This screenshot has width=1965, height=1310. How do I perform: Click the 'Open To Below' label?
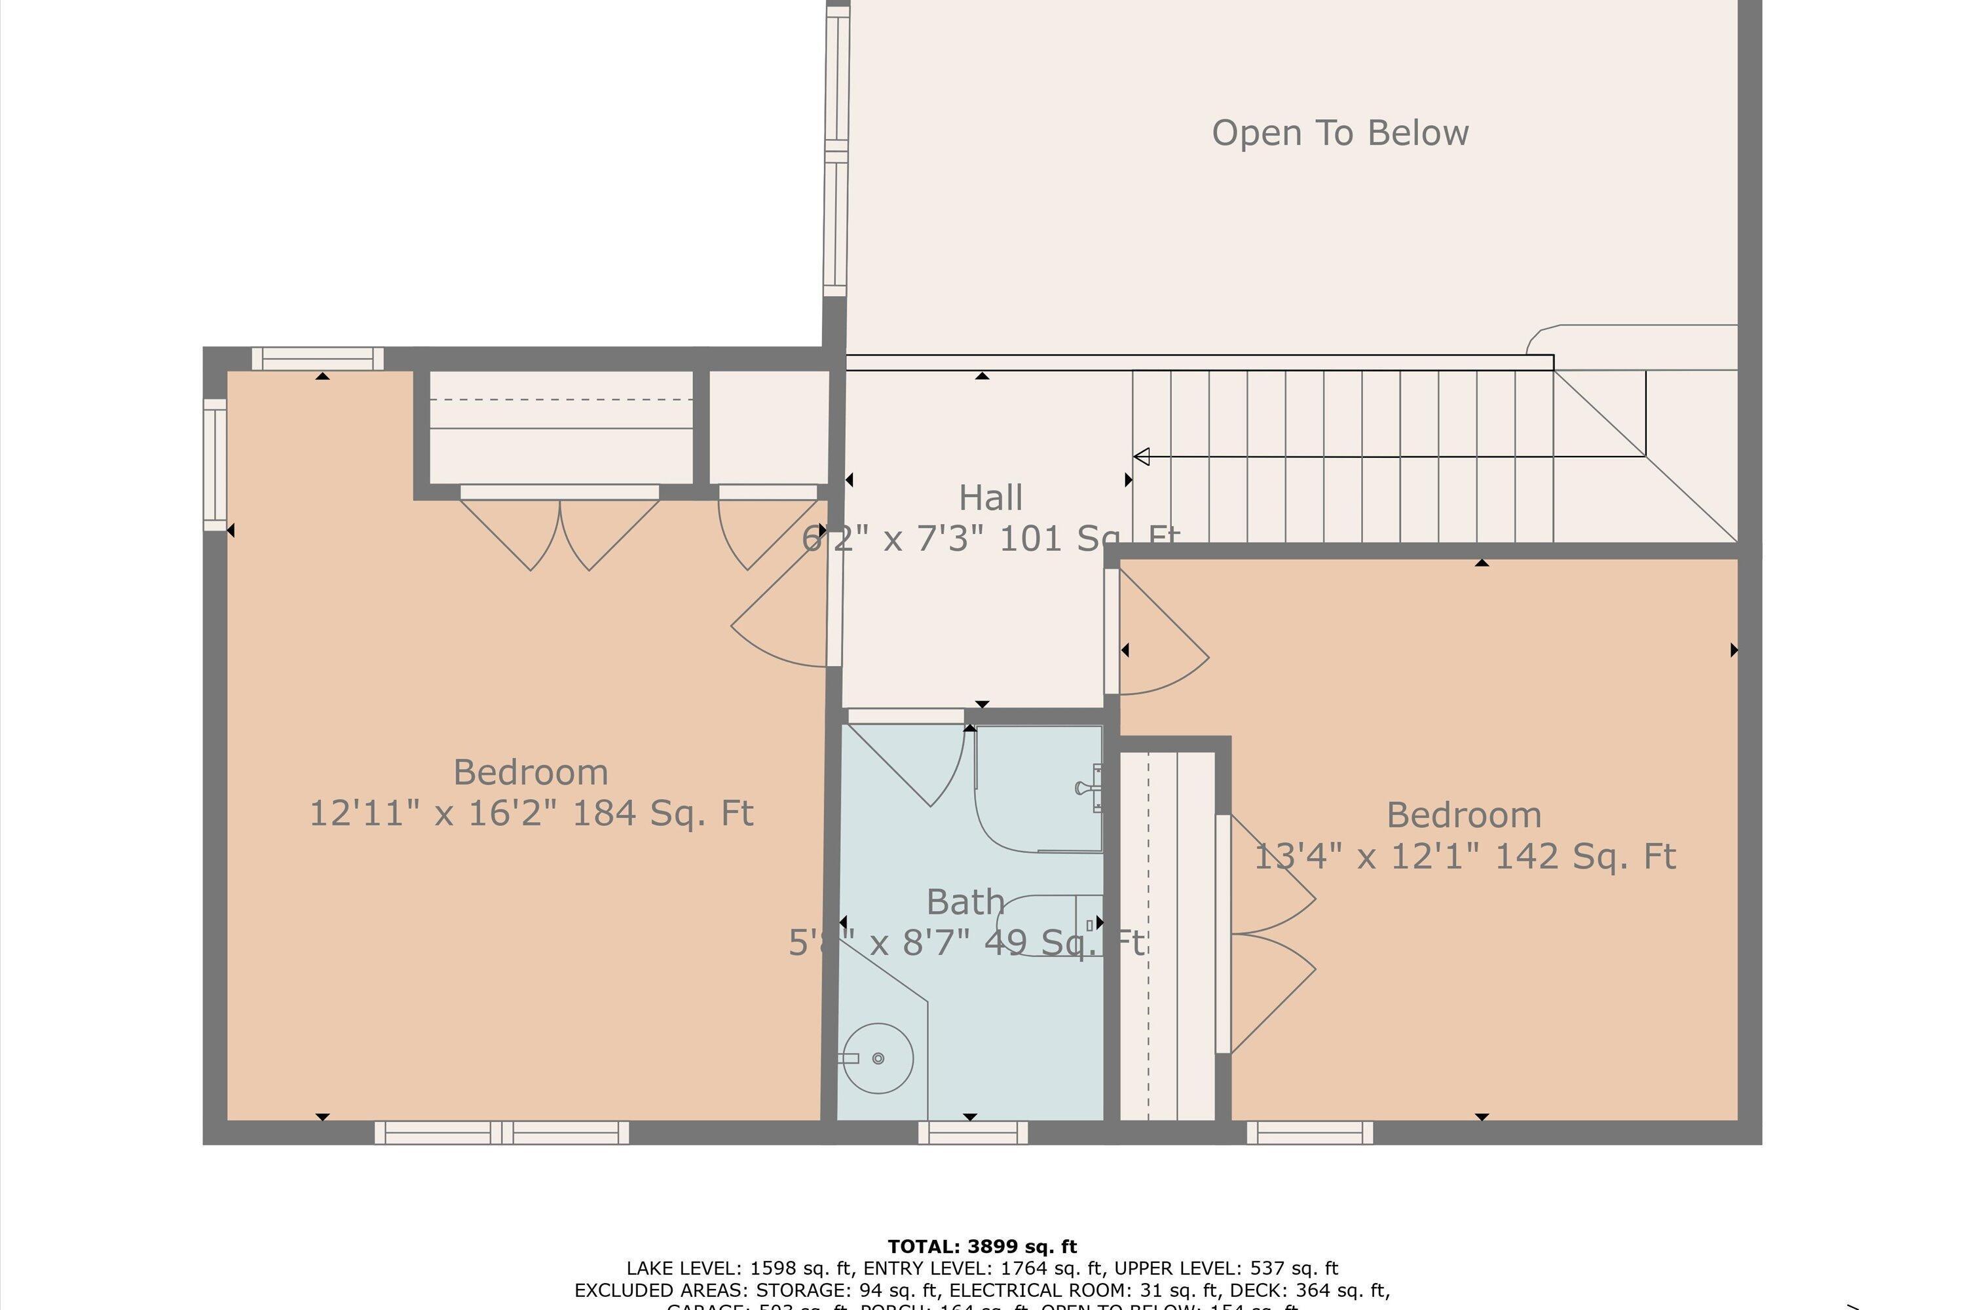pyautogui.click(x=1339, y=133)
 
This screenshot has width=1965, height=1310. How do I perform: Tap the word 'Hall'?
pyautogui.click(x=990, y=498)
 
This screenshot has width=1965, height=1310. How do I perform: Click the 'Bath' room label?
pyautogui.click(x=965, y=903)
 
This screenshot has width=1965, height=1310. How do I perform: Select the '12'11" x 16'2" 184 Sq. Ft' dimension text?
pyautogui.click(x=531, y=814)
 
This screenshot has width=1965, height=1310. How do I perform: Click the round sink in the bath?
pyautogui.click(x=877, y=1058)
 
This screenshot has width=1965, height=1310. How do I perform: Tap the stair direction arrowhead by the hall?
pyautogui.click(x=1141, y=456)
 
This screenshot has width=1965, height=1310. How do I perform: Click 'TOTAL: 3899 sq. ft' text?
pyautogui.click(x=982, y=1247)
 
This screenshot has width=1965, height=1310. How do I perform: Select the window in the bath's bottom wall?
pyautogui.click(x=973, y=1133)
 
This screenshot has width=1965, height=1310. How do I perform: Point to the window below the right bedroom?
pyautogui.click(x=1309, y=1133)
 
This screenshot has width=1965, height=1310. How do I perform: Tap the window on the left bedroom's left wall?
pyautogui.click(x=215, y=464)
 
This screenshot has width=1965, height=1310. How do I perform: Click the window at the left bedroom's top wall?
pyautogui.click(x=318, y=359)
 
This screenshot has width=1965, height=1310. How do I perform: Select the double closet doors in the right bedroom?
pyautogui.click(x=1265, y=934)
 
